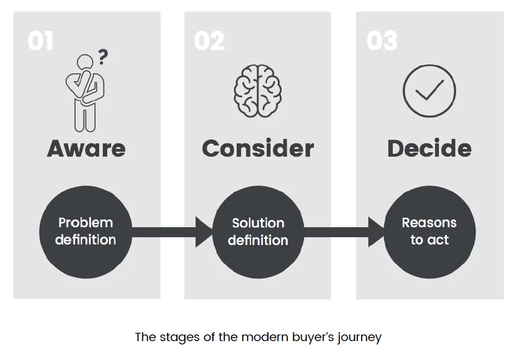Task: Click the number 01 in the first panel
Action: (x=41, y=41)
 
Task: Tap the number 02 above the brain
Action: (x=209, y=41)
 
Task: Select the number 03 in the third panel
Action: (x=382, y=41)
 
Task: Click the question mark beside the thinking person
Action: (x=103, y=57)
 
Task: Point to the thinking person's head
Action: (x=85, y=63)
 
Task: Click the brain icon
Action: (x=257, y=92)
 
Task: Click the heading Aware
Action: (x=86, y=148)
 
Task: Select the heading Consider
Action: (x=258, y=148)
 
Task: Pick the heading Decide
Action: (x=429, y=148)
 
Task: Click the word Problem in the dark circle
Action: (x=86, y=223)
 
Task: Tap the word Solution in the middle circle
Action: (x=258, y=223)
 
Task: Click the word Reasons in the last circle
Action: (x=429, y=223)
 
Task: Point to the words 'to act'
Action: (x=429, y=240)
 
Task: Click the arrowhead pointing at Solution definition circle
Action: (x=204, y=232)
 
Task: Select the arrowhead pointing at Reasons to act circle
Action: (x=376, y=232)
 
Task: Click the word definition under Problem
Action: (x=86, y=240)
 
